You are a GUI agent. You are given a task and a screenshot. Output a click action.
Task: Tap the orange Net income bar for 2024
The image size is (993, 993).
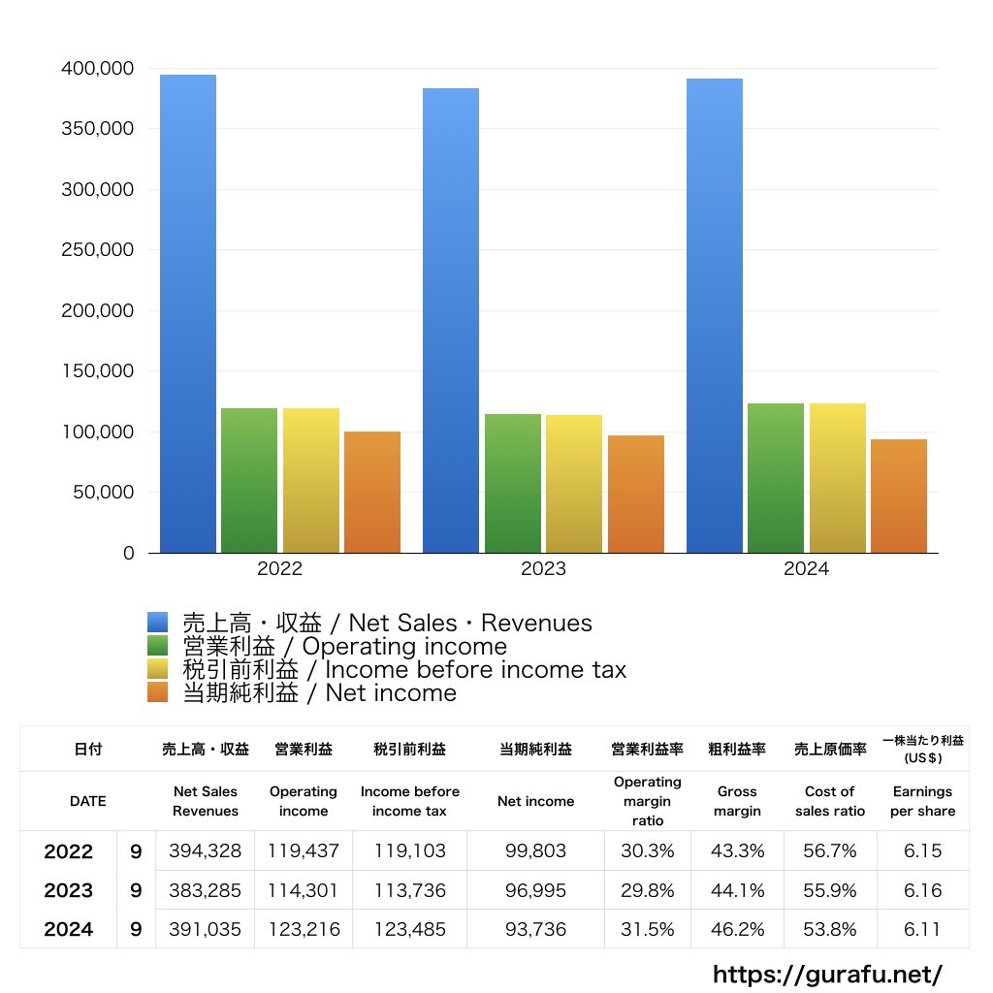(898, 496)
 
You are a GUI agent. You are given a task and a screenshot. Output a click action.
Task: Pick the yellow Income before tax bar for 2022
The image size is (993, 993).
(311, 480)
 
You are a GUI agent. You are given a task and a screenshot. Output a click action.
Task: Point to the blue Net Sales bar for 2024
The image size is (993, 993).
(715, 315)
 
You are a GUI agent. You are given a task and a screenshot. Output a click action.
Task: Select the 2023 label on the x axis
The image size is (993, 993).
(543, 569)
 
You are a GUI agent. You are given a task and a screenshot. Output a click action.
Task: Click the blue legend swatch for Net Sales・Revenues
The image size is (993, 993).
(158, 623)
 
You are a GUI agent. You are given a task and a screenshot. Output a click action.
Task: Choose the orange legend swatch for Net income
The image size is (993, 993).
(158, 692)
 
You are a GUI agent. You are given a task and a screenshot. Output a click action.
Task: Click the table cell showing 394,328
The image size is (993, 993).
(207, 851)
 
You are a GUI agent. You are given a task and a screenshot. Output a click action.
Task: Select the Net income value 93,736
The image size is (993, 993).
(535, 929)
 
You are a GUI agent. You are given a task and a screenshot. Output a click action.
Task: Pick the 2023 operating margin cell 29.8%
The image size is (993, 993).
(647, 890)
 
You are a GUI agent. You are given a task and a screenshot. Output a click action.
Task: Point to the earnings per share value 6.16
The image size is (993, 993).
(921, 890)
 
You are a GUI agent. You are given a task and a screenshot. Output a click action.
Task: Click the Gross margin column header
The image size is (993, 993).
(737, 801)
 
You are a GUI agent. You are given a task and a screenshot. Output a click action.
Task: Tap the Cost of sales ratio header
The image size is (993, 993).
(829, 801)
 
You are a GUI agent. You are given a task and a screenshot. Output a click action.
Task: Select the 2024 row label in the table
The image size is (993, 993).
(69, 929)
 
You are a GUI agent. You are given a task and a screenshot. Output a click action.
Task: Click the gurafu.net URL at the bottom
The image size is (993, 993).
(827, 974)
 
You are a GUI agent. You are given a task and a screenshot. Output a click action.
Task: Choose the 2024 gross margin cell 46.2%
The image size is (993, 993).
(737, 929)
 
